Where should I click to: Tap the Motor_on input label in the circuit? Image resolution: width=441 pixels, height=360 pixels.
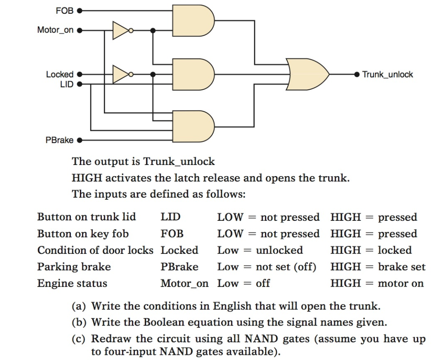(55, 31)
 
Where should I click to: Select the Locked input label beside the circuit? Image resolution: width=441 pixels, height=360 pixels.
(60, 74)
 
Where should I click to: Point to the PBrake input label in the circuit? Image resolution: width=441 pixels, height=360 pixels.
(59, 140)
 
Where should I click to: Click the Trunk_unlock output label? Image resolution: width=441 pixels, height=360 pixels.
(387, 74)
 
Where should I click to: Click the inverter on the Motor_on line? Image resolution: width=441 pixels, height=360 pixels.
(121, 31)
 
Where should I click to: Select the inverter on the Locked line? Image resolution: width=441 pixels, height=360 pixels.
(121, 74)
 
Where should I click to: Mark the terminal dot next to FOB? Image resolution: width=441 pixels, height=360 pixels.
(79, 10)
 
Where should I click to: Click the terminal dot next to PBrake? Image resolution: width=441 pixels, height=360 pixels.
(79, 140)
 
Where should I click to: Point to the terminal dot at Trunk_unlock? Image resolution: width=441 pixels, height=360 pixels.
(356, 74)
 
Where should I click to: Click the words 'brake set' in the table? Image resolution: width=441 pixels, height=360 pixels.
(401, 267)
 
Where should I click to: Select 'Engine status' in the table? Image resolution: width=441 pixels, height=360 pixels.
(72, 284)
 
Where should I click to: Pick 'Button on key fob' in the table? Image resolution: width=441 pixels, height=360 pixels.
(83, 234)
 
